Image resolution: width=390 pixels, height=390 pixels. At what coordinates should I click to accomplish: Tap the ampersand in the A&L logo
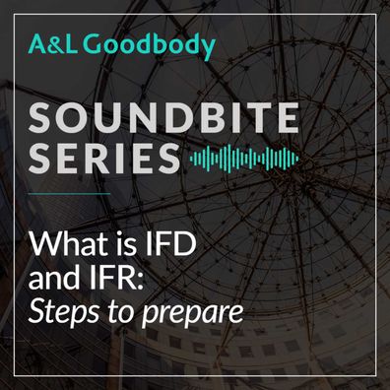point(54,45)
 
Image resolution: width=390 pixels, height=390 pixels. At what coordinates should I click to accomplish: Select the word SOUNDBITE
point(163,117)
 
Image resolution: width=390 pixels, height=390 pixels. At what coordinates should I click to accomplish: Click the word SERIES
point(104,159)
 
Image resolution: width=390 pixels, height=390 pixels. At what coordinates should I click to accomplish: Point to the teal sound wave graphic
point(244,159)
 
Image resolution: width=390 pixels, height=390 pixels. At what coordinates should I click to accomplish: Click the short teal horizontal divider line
point(69,194)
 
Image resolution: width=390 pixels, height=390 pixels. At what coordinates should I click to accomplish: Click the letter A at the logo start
point(37,45)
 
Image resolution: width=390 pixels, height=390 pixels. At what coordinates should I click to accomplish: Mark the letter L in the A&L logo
point(70,45)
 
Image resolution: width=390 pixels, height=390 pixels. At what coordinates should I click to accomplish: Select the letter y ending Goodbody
point(206,49)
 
